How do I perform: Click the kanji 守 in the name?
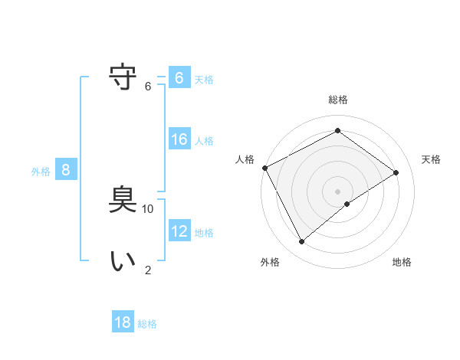pyautogui.click(x=123, y=77)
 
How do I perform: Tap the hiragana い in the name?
pyautogui.click(x=123, y=261)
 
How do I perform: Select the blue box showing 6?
pyautogui.click(x=179, y=78)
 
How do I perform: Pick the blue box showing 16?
pyautogui.click(x=179, y=139)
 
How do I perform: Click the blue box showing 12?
pyautogui.click(x=179, y=231)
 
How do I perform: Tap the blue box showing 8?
pyautogui.click(x=66, y=170)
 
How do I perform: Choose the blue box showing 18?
pyautogui.click(x=123, y=322)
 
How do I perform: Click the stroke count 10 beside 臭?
pyautogui.click(x=148, y=208)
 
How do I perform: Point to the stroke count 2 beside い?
pyautogui.click(x=148, y=270)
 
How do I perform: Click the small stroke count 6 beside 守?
pyautogui.click(x=148, y=86)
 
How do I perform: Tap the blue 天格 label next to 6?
pyautogui.click(x=204, y=79)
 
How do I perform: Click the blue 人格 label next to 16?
pyautogui.click(x=204, y=141)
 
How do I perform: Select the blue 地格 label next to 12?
pyautogui.click(x=204, y=233)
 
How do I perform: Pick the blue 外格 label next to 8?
pyautogui.click(x=41, y=172)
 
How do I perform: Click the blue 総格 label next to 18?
pyautogui.click(x=147, y=324)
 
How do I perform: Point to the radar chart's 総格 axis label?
pyautogui.click(x=337, y=100)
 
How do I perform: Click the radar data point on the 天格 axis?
pyautogui.click(x=396, y=172)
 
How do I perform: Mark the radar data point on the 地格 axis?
pyautogui.click(x=347, y=204)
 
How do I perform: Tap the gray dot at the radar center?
pyautogui.click(x=337, y=191)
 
